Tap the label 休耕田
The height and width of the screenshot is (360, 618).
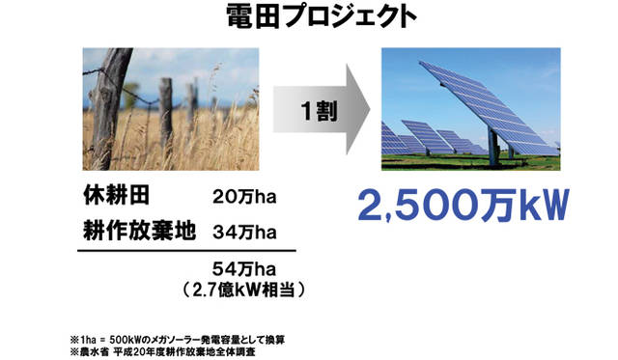(115, 199)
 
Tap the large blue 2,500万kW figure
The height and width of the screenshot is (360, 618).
(460, 204)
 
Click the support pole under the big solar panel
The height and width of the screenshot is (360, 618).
(493, 143)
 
